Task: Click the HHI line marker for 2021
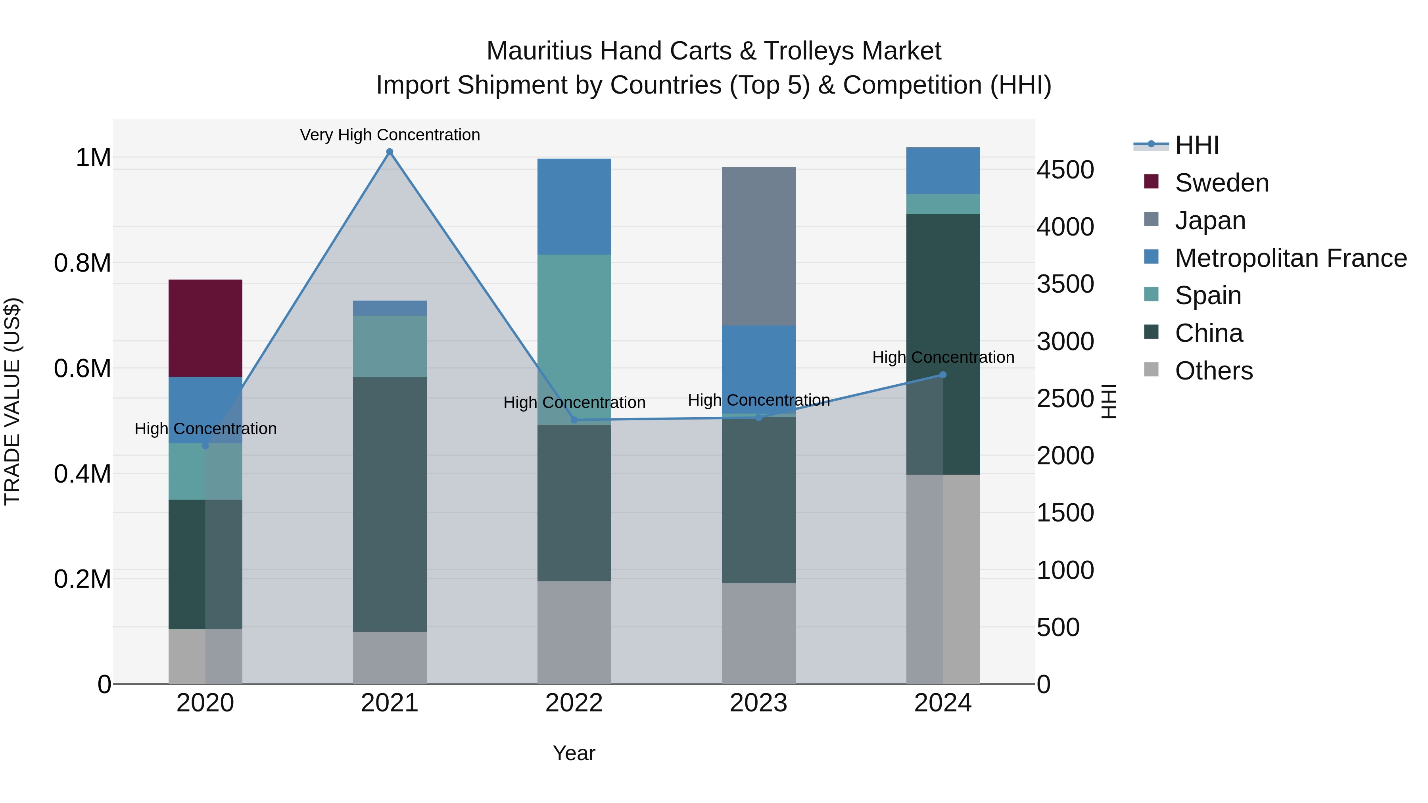click(390, 152)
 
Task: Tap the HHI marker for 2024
click(943, 375)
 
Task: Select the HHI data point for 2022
click(574, 420)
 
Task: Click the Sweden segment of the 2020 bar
click(205, 328)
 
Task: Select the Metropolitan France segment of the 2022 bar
click(574, 206)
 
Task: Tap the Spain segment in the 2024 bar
click(943, 204)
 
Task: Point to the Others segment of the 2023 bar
click(758, 633)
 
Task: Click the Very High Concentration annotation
click(390, 135)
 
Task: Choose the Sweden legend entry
click(1221, 183)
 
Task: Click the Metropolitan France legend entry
click(1290, 258)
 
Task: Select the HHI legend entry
click(1196, 145)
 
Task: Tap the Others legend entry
click(1213, 371)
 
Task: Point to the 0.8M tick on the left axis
click(83, 263)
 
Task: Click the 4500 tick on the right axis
click(1065, 170)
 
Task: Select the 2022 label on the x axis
click(574, 703)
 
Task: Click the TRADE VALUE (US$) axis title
click(12, 401)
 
